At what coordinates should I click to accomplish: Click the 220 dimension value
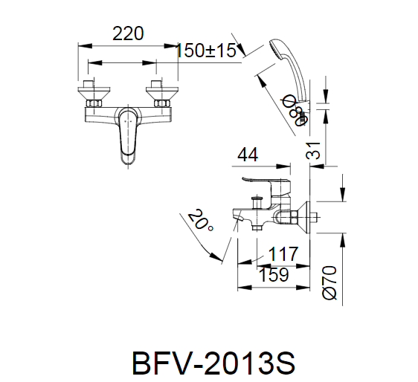pos(127,33)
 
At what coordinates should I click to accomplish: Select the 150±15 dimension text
pos(206,51)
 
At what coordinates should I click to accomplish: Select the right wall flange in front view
pos(161,93)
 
